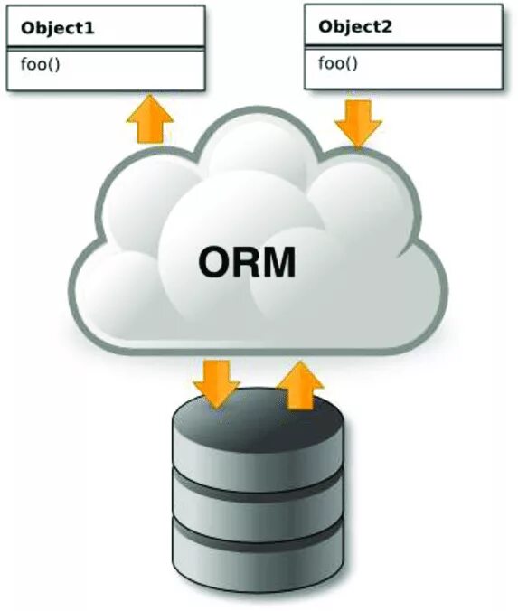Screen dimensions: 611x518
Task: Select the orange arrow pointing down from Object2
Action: [358, 122]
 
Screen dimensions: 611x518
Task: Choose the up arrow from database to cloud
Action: [299, 385]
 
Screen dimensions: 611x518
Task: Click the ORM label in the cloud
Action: [247, 262]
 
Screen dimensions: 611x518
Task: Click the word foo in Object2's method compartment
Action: [332, 63]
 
